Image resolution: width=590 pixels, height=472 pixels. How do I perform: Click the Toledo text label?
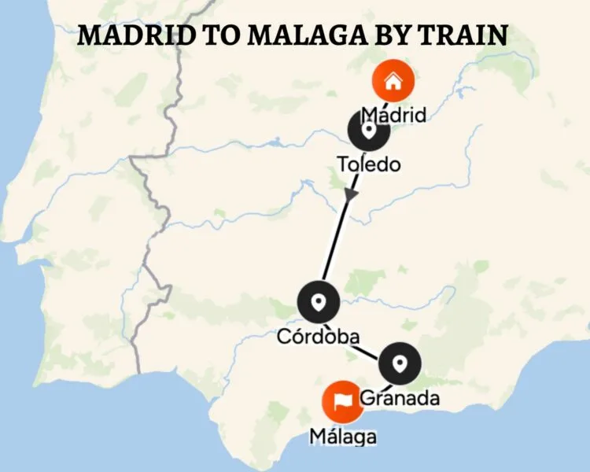click(x=368, y=164)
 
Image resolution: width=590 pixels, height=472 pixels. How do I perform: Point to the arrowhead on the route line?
click(x=350, y=195)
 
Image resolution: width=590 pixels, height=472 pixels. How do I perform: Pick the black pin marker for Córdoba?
click(x=319, y=301)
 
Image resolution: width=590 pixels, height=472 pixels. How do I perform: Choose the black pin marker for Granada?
click(x=400, y=363)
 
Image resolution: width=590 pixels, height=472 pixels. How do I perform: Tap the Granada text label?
click(x=400, y=398)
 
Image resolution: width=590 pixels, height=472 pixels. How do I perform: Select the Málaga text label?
click(x=342, y=435)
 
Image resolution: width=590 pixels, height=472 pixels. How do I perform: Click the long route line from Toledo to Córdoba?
click(x=337, y=236)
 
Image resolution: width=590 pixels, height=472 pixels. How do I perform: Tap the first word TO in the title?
click(x=207, y=37)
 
